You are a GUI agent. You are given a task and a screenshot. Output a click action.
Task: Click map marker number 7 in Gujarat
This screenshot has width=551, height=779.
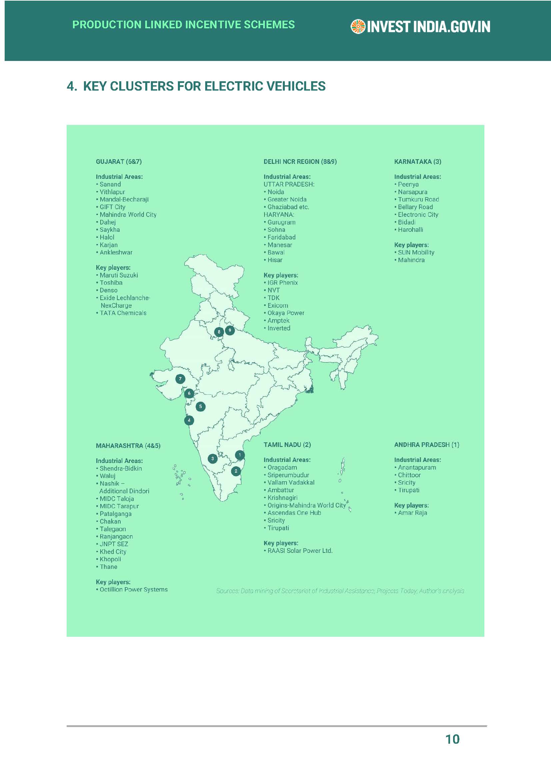click(x=180, y=379)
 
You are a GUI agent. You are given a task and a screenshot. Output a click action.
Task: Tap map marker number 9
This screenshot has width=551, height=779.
click(x=230, y=330)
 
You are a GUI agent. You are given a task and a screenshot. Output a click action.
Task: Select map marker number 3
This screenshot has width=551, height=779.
click(x=213, y=459)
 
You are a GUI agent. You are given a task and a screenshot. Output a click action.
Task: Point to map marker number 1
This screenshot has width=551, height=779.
click(x=240, y=455)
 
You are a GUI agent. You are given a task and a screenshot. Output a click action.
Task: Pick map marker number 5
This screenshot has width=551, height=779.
click(x=201, y=406)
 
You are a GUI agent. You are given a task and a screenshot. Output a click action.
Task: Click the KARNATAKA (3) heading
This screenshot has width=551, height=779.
click(x=418, y=162)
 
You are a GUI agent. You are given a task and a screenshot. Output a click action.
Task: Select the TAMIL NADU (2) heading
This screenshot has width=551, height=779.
click(x=287, y=445)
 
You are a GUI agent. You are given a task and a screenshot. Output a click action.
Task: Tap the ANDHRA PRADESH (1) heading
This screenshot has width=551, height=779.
click(x=426, y=445)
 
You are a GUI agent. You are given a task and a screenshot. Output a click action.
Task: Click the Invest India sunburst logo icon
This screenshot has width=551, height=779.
click(x=357, y=27)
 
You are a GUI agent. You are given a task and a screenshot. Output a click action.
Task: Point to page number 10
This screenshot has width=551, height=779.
click(x=452, y=739)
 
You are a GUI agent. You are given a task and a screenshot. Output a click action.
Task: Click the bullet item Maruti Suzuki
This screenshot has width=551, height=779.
click(x=118, y=275)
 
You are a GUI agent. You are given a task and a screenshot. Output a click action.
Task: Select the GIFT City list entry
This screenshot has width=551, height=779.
click(x=112, y=207)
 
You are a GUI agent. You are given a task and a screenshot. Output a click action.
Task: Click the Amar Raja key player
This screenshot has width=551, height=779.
click(x=412, y=513)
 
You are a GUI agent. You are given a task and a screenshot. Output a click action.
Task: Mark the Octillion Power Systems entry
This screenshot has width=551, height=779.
click(x=133, y=589)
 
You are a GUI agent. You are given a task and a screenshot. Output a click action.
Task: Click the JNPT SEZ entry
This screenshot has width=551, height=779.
click(x=114, y=544)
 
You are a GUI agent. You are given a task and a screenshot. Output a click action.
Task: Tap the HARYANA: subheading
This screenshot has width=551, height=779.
click(x=279, y=215)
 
